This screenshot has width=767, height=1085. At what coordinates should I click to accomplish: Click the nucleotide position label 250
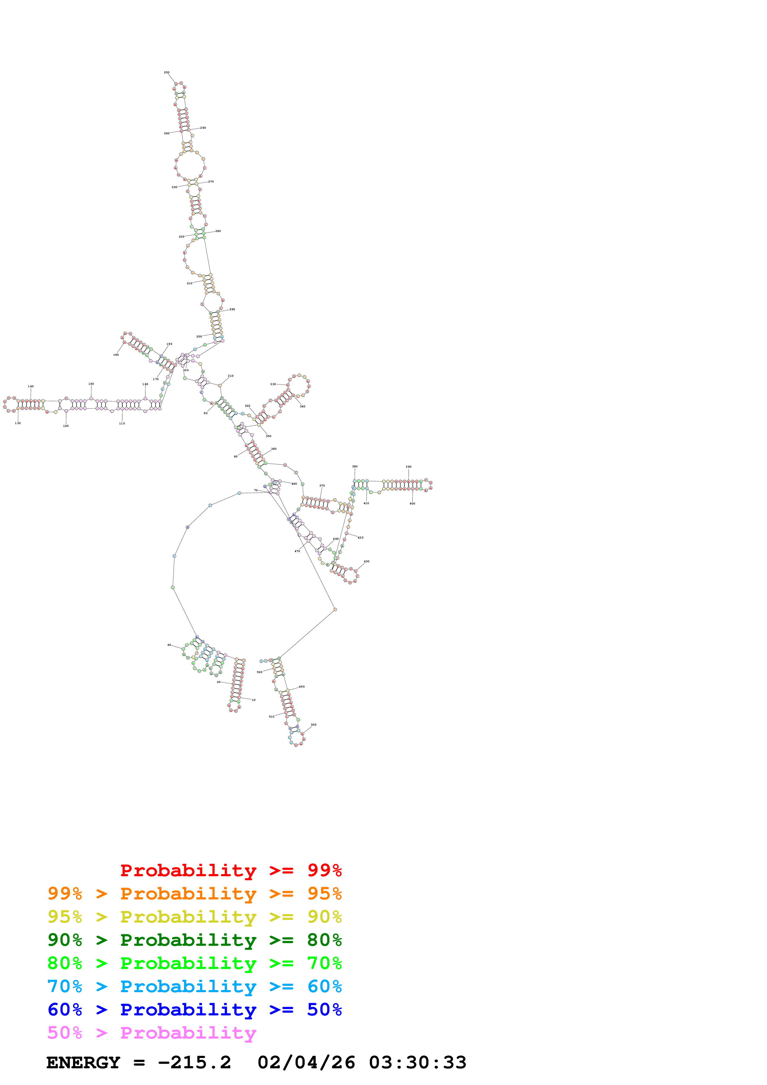[x=166, y=73]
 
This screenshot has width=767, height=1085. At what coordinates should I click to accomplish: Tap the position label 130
[x=18, y=423]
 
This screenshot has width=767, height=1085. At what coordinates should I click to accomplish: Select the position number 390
[x=408, y=467]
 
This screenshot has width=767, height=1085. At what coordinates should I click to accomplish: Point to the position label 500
[x=314, y=724]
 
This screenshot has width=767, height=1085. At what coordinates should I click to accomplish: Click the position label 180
[x=116, y=355]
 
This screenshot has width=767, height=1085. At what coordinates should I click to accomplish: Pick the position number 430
[x=366, y=561]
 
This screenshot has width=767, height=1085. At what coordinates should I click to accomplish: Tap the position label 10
[x=254, y=700]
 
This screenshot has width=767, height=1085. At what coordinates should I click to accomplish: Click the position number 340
[x=303, y=406]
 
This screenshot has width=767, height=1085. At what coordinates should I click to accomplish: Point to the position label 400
[x=412, y=504]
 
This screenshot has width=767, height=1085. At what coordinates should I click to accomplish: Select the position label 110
[x=122, y=423]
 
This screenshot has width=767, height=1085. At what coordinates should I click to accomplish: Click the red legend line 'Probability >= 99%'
[x=231, y=870]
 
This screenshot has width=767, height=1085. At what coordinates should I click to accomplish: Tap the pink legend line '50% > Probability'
[x=152, y=1033]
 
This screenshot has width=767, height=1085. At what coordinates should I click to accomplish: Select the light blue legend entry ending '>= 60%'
[x=194, y=986]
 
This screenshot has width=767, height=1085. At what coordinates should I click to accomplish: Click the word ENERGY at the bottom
[x=83, y=1063]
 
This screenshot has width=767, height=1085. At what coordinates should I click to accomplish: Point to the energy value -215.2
[x=194, y=1063]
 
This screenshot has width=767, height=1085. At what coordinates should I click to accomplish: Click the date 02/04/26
[x=306, y=1063]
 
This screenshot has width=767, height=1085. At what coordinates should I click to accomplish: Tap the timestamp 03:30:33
[x=418, y=1063]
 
